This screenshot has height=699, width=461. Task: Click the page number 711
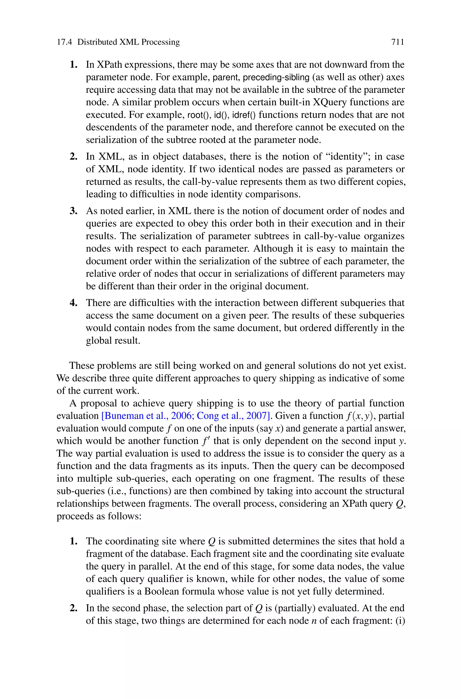point(398,42)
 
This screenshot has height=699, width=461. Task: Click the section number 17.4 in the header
point(64,42)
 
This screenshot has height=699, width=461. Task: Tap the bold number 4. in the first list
point(74,303)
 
